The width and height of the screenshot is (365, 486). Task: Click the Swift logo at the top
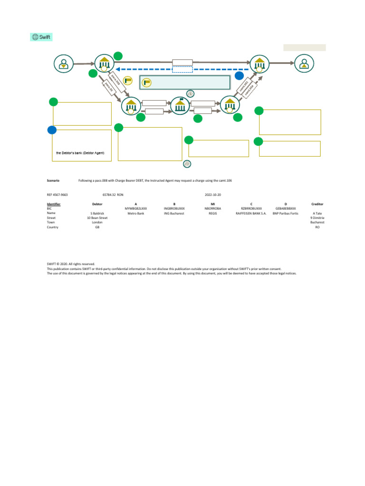tap(41, 37)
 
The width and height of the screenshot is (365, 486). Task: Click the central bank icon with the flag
tap(180, 105)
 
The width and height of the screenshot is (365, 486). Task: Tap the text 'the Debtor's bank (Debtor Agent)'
tap(80, 153)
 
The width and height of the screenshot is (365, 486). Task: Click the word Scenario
tap(53, 181)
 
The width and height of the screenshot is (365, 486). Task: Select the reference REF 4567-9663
tap(57, 195)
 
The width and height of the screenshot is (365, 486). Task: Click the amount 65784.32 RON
tap(113, 195)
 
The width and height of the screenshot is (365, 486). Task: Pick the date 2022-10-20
tap(212, 195)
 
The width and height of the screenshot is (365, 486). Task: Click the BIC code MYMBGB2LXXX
tap(136, 208)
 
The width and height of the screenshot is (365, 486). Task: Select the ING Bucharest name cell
tap(174, 214)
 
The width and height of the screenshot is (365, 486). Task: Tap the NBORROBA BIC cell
tap(212, 208)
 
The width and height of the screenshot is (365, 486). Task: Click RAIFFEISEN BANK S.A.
tap(251, 214)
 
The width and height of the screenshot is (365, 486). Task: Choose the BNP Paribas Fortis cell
tap(285, 214)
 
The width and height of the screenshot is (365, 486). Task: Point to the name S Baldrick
tap(97, 214)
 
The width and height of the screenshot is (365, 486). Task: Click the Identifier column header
tap(53, 204)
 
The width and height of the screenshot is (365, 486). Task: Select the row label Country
tap(52, 227)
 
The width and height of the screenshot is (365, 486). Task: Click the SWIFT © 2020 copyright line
tap(71, 264)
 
